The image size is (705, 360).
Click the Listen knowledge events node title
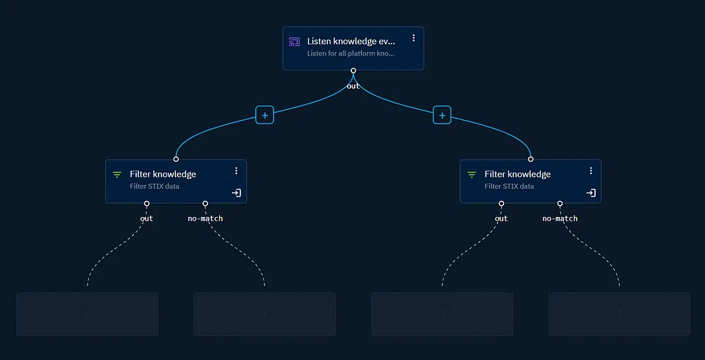point(351,42)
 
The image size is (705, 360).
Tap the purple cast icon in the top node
point(295,42)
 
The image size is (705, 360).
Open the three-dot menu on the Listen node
point(414,38)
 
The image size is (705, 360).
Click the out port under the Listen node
point(353,70)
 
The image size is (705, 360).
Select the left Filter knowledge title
point(163,174)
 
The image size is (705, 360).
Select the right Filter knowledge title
point(517,174)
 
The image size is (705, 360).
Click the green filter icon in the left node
point(117,175)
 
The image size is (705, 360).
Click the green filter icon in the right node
point(472,175)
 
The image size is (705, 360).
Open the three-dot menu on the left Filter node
point(236,170)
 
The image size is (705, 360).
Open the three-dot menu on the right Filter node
point(591,170)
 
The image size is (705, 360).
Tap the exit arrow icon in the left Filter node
point(236,192)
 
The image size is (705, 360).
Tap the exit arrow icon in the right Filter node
point(591,192)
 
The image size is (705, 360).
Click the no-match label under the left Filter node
point(205,218)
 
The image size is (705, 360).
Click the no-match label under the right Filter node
point(560,218)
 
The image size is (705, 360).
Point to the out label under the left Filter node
point(147,218)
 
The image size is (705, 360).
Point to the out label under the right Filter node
point(501,218)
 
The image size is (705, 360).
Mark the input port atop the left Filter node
point(176,159)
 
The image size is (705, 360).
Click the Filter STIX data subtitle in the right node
point(509,187)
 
